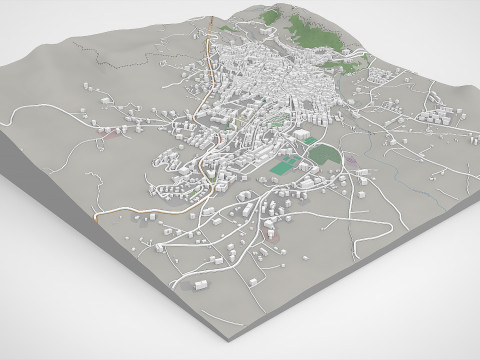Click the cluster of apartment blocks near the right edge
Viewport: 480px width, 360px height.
(x=435, y=115)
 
